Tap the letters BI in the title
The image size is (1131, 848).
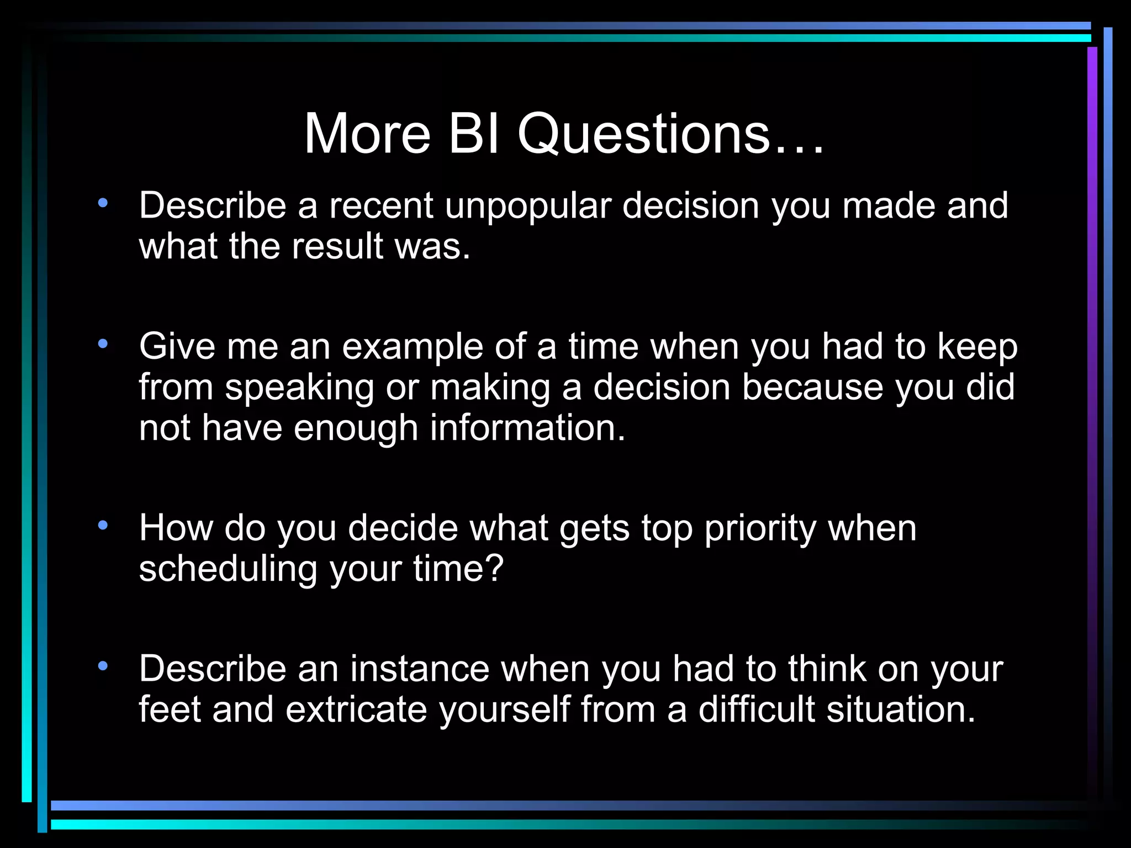point(474,134)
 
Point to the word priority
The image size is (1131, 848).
point(760,529)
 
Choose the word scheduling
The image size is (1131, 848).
point(228,569)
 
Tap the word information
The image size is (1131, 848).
point(527,428)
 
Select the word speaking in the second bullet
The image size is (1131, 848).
point(299,388)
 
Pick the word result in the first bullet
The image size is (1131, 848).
point(337,246)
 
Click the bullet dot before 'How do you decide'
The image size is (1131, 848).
point(103,525)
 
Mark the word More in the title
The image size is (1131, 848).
point(367,134)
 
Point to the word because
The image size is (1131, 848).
point(812,388)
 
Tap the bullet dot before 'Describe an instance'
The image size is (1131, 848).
point(103,666)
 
